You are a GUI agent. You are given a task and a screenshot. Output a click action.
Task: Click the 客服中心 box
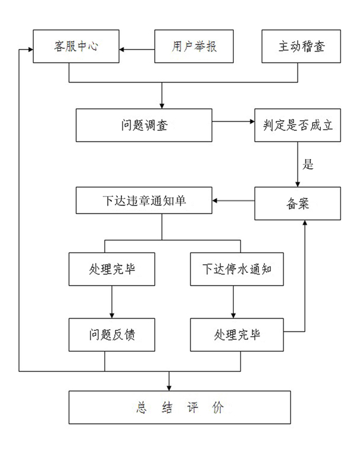tap(76, 46)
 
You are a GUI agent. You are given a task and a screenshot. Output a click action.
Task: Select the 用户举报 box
tap(194, 46)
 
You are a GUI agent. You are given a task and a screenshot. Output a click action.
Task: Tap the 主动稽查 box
tap(301, 46)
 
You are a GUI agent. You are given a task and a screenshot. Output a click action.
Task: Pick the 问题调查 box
tap(144, 125)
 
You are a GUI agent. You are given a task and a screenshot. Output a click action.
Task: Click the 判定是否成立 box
tap(298, 125)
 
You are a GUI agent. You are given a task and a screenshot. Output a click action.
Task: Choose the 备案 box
tap(298, 203)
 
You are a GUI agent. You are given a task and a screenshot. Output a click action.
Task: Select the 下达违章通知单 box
tap(144, 201)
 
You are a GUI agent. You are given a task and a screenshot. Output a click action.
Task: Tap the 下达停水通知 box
tap(237, 269)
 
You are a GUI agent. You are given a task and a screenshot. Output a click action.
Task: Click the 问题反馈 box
tap(112, 335)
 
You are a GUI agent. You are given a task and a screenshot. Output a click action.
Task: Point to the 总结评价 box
tap(180, 407)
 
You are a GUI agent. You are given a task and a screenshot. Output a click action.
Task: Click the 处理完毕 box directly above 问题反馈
tap(112, 269)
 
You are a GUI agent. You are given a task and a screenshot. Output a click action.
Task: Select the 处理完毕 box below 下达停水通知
tap(237, 335)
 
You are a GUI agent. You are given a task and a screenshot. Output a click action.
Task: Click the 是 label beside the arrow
tap(308, 165)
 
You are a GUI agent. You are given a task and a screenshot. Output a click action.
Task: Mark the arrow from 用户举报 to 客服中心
tap(137, 50)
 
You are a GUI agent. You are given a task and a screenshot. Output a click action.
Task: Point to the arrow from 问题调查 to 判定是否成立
tap(233, 121)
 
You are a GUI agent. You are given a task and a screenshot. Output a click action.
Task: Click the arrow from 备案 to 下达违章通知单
tap(233, 201)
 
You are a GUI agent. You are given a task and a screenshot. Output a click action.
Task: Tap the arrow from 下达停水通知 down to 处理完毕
tap(233, 302)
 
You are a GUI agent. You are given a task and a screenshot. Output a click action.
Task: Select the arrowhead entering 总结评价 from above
tap(169, 388)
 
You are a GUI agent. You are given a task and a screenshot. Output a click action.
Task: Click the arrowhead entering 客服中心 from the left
tap(30, 50)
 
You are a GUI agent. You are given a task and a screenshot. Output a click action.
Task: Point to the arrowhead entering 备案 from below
tap(305, 223)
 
